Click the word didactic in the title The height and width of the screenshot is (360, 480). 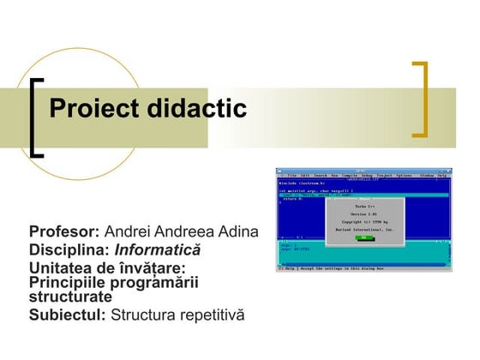click(197, 109)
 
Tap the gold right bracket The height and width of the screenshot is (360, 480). click(420, 99)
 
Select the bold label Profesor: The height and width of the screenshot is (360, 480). click(65, 233)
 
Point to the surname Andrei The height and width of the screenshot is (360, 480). click(125, 233)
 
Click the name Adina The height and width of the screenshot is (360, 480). click(236, 233)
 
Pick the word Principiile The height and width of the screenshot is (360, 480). click(71, 283)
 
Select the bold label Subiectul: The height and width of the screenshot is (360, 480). click(68, 315)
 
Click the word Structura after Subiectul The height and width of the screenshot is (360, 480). click(140, 315)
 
